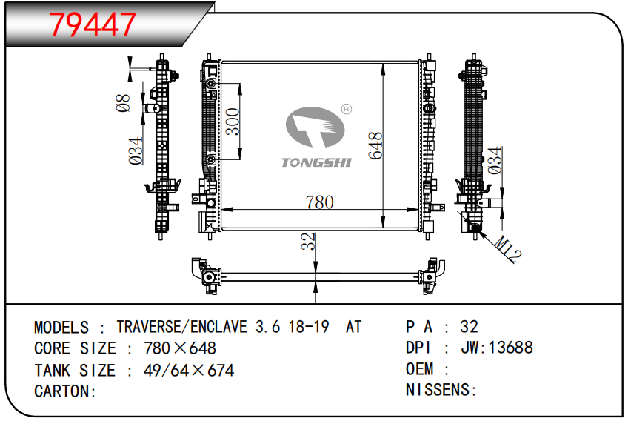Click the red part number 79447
coord(92,25)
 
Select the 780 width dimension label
coord(320,202)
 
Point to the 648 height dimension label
coord(375,145)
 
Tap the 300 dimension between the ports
coord(233,122)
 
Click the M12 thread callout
coord(508,249)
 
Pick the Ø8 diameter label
coord(123,103)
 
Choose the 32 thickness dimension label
coord(308,241)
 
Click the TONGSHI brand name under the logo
coord(316,162)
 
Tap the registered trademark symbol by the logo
coord(347,109)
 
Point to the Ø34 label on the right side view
coord(495,160)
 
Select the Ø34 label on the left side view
coord(136,150)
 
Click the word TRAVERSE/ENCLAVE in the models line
coord(181,327)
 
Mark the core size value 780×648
coord(180,348)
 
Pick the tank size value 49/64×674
coord(189,371)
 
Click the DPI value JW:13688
coord(497,348)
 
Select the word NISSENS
coord(438,390)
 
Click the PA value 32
coord(469,327)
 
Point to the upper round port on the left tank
coord(211,83)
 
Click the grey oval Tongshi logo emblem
coord(315,127)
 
